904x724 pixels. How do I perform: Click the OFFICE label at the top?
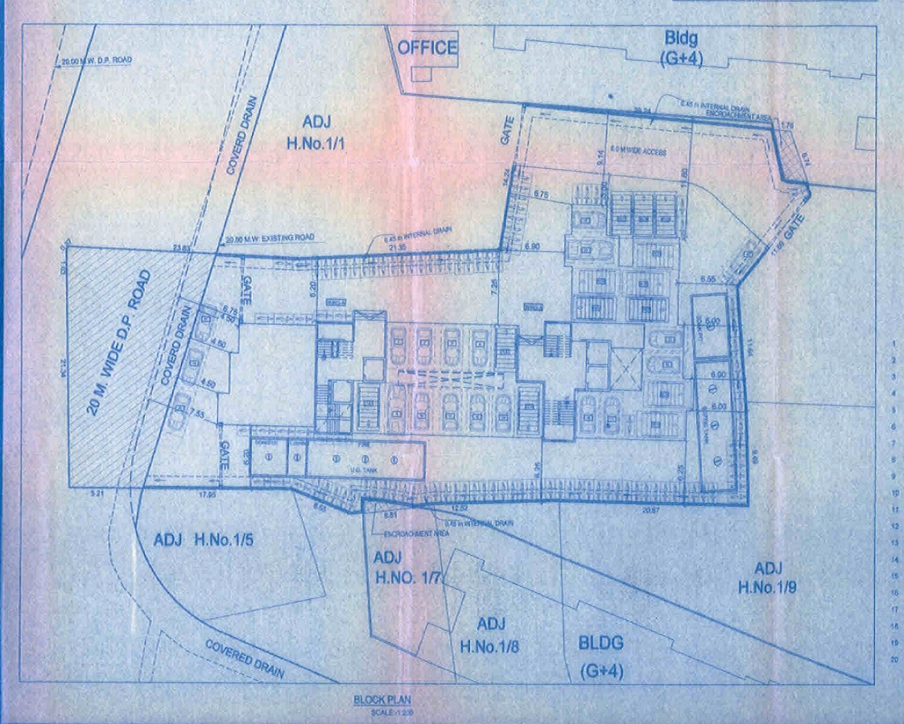(427, 48)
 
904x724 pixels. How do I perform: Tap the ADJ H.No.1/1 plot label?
(316, 133)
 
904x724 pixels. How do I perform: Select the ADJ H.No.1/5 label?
(203, 539)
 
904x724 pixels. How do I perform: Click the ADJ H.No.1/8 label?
(489, 635)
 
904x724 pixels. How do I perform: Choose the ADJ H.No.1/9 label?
(767, 577)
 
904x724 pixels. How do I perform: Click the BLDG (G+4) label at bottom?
(601, 656)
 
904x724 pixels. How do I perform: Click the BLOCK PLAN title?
(382, 700)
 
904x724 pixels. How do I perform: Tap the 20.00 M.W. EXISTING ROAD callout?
(269, 238)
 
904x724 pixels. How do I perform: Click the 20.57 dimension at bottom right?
(651, 510)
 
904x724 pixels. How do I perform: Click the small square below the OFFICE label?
(422, 74)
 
